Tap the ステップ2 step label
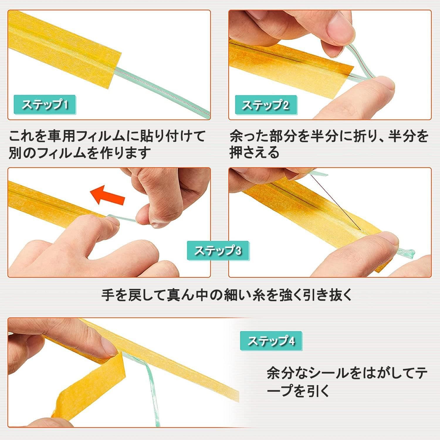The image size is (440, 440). (265, 105)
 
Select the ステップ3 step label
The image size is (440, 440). (218, 251)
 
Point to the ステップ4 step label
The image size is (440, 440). (271, 341)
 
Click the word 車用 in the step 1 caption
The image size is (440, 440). (65, 136)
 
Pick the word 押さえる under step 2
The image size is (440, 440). (254, 153)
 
